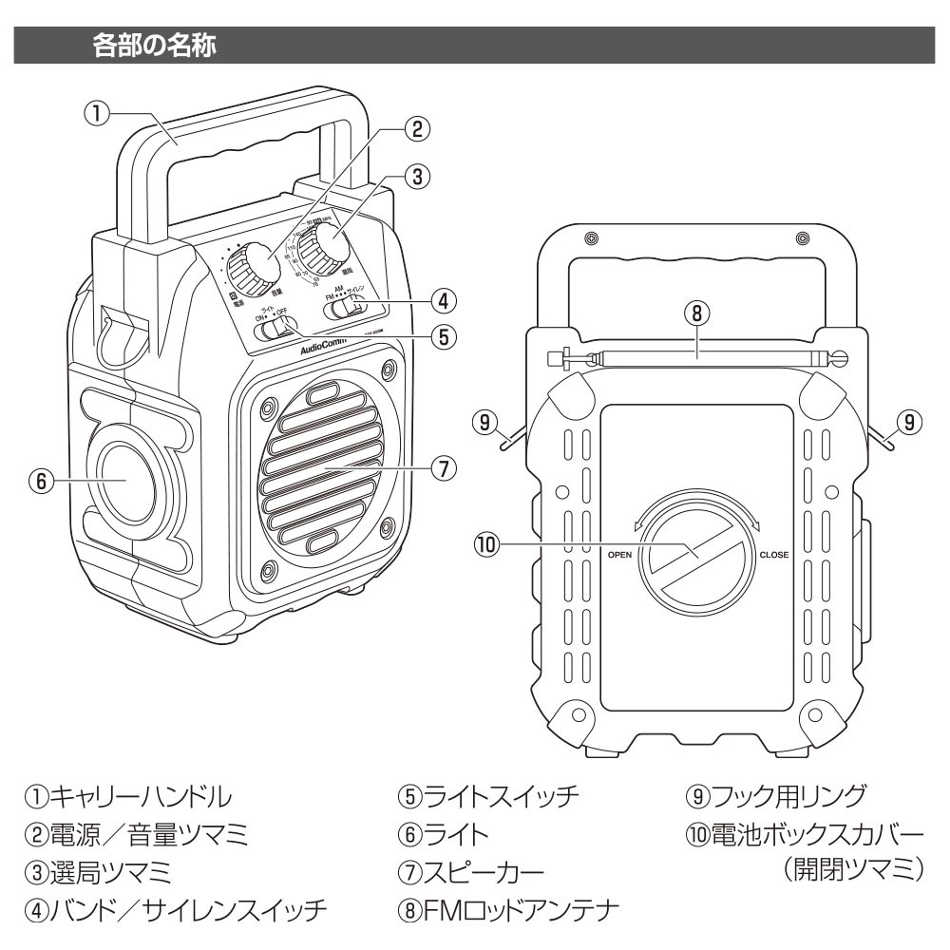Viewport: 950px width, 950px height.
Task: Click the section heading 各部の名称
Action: pyautogui.click(x=158, y=46)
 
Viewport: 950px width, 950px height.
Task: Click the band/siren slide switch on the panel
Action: pyautogui.click(x=353, y=305)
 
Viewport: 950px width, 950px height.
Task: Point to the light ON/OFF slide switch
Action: pyautogui.click(x=276, y=329)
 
